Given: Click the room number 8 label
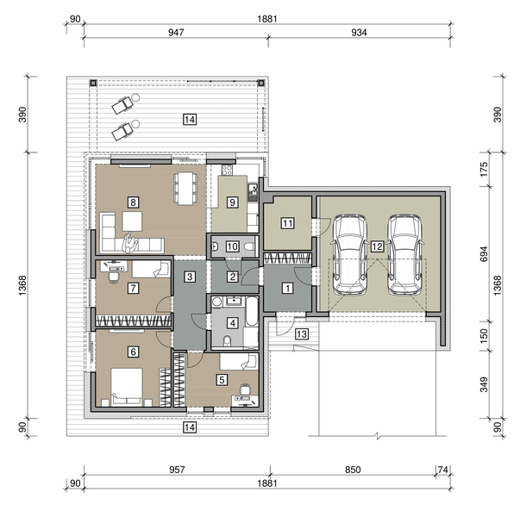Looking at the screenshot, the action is [x=133, y=202].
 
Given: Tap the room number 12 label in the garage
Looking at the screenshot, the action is [x=377, y=246].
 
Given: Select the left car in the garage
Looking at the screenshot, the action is [x=350, y=255].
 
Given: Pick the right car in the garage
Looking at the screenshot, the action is [x=404, y=255].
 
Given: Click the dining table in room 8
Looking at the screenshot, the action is [x=185, y=188].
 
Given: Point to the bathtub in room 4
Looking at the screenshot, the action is [x=252, y=312].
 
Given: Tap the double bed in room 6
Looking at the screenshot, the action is [x=127, y=387].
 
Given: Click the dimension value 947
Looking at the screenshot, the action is [x=176, y=33].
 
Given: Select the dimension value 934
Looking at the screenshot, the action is [x=359, y=33].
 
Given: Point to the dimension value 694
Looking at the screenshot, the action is [x=484, y=254].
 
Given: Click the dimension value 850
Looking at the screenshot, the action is [x=353, y=470].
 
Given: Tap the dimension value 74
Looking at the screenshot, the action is [x=442, y=470].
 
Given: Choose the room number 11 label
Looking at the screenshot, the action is [x=287, y=223].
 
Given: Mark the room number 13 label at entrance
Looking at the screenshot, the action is [x=302, y=334].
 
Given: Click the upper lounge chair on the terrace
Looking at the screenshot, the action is [x=125, y=103].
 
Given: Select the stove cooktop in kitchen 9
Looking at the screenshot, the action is [x=227, y=170].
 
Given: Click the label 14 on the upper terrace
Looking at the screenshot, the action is [x=190, y=120].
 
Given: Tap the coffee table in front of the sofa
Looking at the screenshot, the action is [x=132, y=221].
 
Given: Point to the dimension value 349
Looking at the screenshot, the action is [x=484, y=385].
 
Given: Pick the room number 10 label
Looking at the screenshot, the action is [x=232, y=246].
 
